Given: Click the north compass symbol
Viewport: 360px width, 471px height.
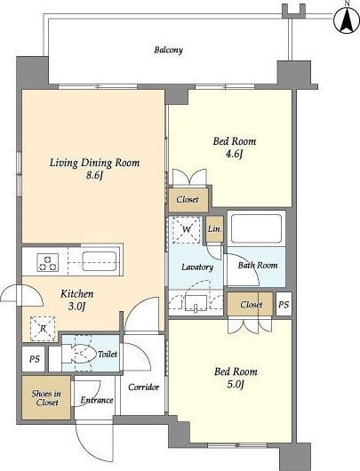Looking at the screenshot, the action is pos(347,19).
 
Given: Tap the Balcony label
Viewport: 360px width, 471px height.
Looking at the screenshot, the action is pos(168,50).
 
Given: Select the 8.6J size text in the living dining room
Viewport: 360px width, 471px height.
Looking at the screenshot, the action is pos(94,175).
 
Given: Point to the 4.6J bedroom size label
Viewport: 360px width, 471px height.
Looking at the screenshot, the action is pos(234,154).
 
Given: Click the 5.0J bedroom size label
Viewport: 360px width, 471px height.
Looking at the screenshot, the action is pos(235,384).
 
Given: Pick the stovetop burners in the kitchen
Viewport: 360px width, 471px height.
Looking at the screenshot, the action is pos(48,262).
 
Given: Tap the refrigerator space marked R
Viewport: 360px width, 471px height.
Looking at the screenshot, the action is pos(43,329).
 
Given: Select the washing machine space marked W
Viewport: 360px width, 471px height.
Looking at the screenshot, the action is pos(187,229).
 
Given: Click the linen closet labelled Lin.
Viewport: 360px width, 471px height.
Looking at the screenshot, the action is pos(215,229).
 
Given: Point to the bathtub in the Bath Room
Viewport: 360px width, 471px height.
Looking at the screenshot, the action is pos(256,228).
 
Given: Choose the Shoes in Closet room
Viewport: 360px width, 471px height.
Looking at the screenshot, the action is pos(46,398).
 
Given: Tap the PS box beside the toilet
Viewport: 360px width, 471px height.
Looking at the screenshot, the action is pos(34,359).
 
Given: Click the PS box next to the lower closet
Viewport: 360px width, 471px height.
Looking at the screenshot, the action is pos(284,304).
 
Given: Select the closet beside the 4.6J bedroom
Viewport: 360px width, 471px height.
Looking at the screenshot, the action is pos(188,199).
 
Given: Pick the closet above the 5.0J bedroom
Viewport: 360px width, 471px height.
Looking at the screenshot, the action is pos(251,304).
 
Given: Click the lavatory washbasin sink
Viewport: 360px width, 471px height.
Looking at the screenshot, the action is pos(196,303).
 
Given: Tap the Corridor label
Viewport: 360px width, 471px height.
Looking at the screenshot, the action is pos(144,387).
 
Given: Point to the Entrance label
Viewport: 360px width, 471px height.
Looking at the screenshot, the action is pos(97,400).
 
